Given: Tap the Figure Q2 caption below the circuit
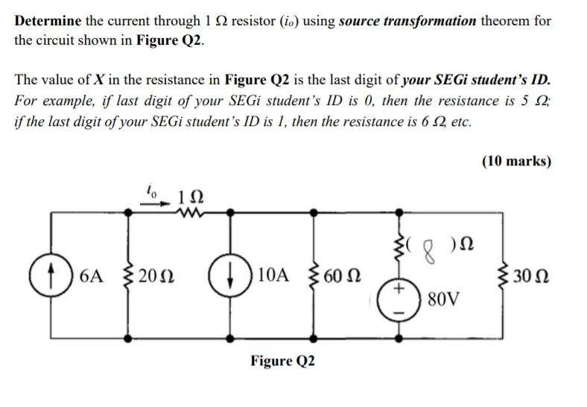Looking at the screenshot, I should pos(282,361).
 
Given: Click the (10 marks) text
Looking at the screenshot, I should pos(516,161).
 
